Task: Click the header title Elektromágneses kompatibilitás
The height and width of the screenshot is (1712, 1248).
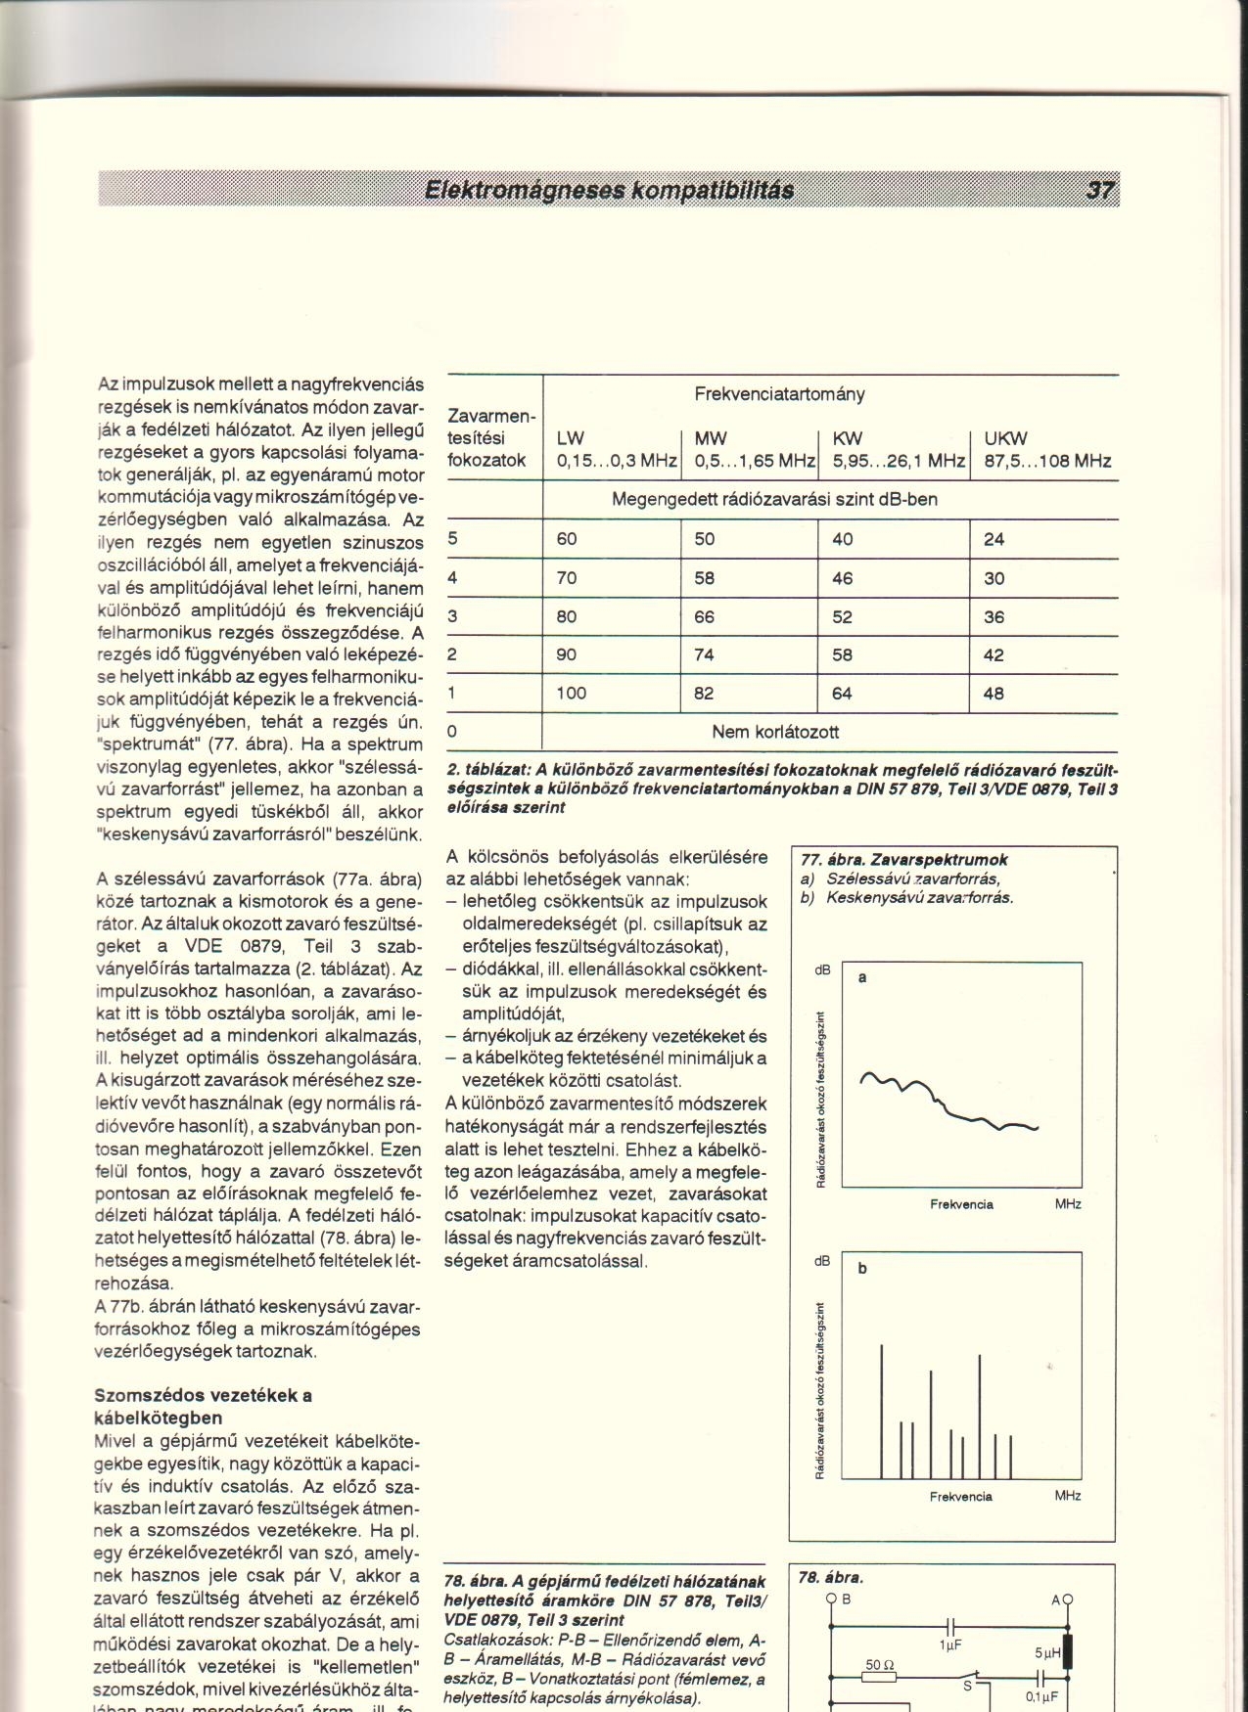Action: click(608, 190)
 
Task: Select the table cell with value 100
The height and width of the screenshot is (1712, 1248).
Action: click(572, 694)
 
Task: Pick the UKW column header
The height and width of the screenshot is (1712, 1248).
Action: click(1006, 437)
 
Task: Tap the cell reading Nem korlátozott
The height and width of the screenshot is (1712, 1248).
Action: click(775, 732)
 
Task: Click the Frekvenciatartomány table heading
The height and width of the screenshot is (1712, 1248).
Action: click(779, 394)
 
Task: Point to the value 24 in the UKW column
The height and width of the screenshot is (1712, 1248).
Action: click(994, 539)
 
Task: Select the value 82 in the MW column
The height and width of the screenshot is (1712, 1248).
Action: click(704, 694)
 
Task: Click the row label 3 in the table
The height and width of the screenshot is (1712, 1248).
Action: click(452, 616)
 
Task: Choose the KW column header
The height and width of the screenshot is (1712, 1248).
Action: click(848, 437)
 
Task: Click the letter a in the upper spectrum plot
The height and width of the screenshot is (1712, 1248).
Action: click(863, 977)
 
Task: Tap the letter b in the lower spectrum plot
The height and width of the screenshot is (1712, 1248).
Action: click(862, 1269)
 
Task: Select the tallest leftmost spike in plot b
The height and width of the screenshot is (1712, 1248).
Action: click(881, 1409)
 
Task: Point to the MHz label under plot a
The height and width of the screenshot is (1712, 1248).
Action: click(1068, 1204)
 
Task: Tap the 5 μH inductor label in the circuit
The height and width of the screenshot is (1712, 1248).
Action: click(1048, 1652)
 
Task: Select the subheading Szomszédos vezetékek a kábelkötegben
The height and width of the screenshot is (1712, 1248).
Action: click(203, 1406)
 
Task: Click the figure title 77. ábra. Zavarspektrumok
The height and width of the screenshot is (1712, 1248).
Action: click(904, 860)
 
